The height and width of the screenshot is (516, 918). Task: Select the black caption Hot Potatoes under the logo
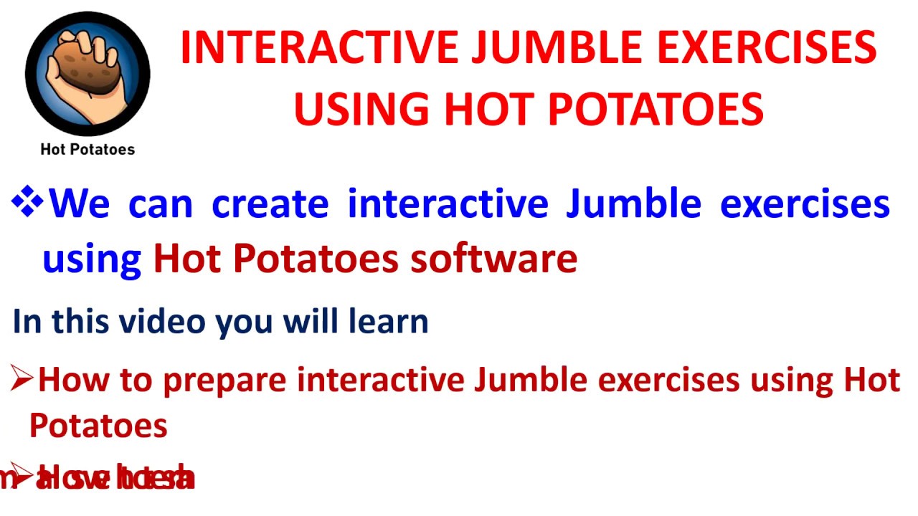click(87, 149)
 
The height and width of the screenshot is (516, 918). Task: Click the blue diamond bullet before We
click(28, 203)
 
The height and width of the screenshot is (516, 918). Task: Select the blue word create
click(270, 204)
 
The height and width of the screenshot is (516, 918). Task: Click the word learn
click(388, 321)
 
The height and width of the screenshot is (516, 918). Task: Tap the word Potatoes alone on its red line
click(98, 426)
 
